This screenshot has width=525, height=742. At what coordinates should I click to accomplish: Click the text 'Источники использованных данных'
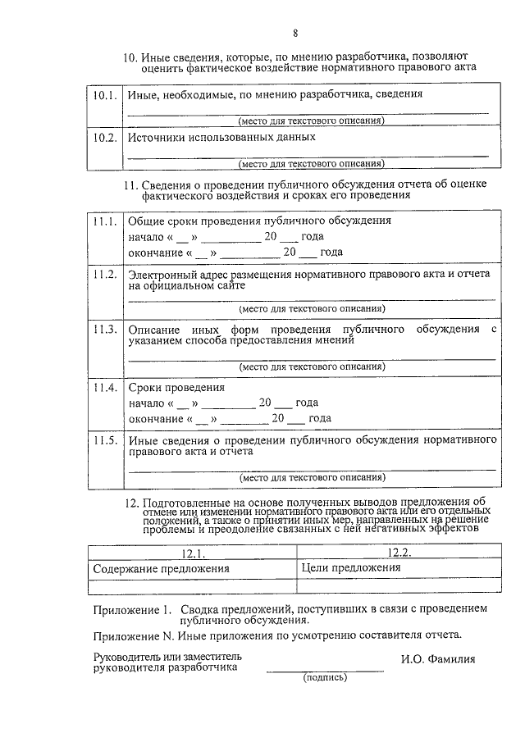pyautogui.click(x=221, y=138)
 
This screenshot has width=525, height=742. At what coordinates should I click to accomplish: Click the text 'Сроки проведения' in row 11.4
pyautogui.click(x=176, y=388)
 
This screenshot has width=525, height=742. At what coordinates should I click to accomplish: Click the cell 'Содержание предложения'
pyautogui.click(x=161, y=567)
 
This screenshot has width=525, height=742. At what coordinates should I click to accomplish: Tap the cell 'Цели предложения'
pyautogui.click(x=350, y=567)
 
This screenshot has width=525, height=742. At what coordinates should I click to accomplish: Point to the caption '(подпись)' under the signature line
pyautogui.click(x=325, y=678)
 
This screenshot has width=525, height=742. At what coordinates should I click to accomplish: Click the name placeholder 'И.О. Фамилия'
pyautogui.click(x=438, y=658)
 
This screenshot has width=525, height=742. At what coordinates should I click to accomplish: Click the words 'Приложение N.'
pyautogui.click(x=130, y=635)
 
